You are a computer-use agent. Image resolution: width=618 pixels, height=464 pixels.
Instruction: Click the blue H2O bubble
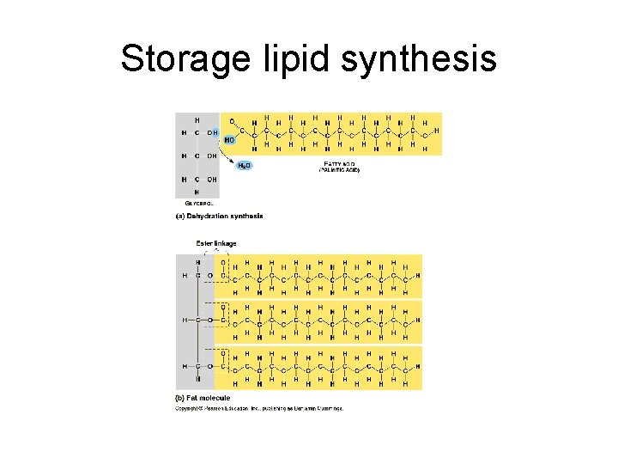245,165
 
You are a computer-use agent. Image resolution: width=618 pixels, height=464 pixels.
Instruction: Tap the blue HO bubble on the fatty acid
229,139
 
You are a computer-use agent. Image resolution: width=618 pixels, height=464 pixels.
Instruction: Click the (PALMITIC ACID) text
339,170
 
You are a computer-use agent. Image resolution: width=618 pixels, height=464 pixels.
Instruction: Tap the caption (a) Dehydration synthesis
220,216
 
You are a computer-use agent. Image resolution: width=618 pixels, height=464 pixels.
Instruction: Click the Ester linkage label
216,243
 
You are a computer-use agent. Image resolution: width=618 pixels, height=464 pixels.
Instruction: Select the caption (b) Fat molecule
203,399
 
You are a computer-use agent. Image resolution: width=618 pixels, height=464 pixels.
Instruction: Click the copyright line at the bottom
259,408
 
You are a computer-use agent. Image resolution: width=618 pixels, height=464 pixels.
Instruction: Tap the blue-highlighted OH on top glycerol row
212,132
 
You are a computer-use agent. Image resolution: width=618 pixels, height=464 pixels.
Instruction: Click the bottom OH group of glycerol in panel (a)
211,179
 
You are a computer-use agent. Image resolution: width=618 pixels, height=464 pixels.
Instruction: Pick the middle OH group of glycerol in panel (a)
211,156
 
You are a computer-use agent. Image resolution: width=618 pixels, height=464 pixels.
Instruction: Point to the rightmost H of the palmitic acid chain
436,131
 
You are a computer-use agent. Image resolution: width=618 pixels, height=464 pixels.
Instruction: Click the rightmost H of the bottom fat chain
418,367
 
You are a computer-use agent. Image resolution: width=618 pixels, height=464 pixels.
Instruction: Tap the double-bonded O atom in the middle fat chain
224,308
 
